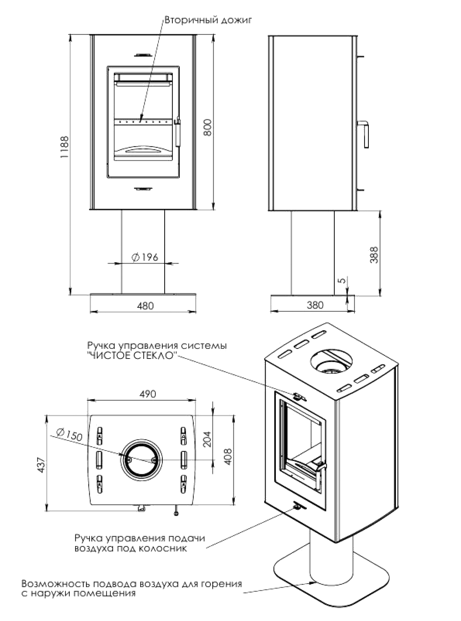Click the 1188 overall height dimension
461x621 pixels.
coord(64,147)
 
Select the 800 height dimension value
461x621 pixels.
coord(208,127)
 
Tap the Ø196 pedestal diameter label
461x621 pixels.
coord(145,257)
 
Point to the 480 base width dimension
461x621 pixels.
coord(146,306)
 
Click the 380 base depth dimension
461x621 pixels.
coord(315,305)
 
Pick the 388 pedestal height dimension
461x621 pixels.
coord(375,255)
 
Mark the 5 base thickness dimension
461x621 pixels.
coord(343,280)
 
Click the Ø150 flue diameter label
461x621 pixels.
coord(69,435)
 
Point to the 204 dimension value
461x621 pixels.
coord(208,439)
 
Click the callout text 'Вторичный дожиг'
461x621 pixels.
coord(208,20)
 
